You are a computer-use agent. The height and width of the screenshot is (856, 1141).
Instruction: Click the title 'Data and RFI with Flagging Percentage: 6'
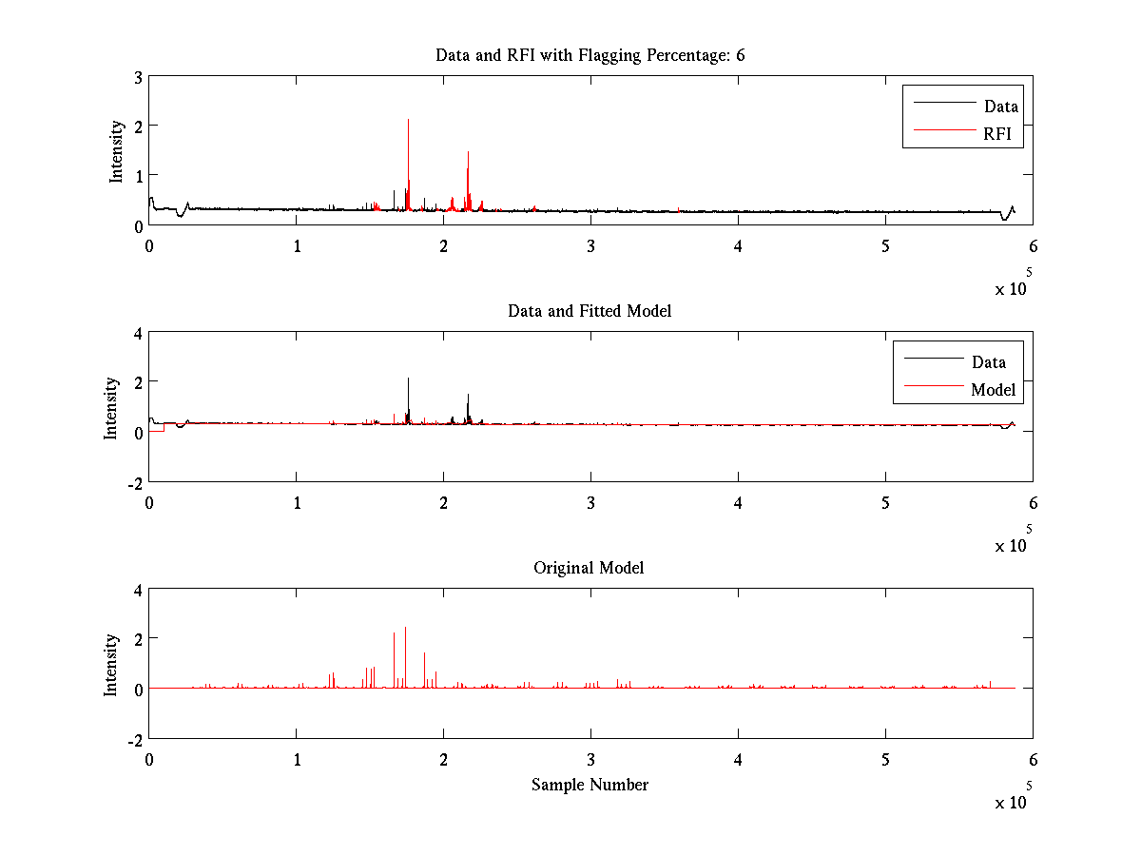pos(590,55)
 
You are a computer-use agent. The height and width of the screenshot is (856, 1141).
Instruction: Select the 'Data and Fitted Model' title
pos(590,311)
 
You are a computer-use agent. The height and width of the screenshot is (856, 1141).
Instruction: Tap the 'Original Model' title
pos(589,568)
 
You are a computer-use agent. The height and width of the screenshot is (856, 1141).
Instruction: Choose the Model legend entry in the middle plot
pos(993,390)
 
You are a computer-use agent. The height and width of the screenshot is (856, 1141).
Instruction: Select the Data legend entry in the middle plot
pos(988,361)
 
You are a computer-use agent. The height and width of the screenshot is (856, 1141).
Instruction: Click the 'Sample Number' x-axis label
pos(590,785)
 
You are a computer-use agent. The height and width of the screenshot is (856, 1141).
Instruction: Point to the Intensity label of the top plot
pos(116,150)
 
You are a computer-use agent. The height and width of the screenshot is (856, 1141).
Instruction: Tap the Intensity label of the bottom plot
pos(111,664)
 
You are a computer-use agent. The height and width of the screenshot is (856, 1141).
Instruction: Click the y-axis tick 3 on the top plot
pos(139,77)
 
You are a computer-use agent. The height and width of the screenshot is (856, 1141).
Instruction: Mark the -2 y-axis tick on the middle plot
pos(134,482)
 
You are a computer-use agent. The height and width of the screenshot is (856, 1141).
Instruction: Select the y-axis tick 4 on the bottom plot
pos(138,590)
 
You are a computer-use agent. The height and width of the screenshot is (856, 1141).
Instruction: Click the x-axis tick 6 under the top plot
pos(1033,245)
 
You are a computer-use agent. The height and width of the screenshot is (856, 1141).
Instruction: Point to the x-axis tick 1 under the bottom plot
pos(297,760)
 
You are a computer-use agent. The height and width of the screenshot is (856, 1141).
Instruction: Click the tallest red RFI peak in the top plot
pos(468,152)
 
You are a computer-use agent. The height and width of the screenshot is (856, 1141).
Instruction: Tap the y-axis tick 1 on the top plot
pos(139,176)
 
